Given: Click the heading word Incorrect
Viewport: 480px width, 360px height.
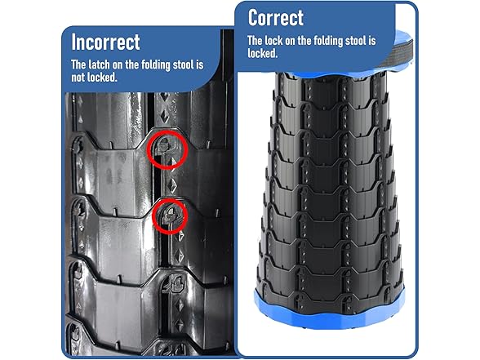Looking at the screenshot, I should (106, 42).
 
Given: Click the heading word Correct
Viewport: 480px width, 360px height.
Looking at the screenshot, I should (275, 17).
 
